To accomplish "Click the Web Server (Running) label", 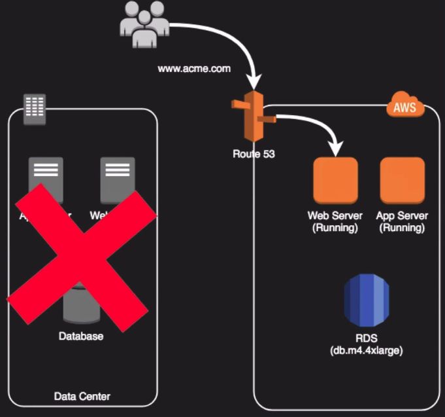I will (x=335, y=221).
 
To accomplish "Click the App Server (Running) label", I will (x=402, y=221).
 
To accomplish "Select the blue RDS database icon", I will (x=367, y=300).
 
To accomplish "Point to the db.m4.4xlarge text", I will (x=367, y=350).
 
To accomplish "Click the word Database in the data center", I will (x=81, y=336).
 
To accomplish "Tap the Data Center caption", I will (x=82, y=396).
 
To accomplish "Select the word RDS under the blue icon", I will (x=367, y=338).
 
